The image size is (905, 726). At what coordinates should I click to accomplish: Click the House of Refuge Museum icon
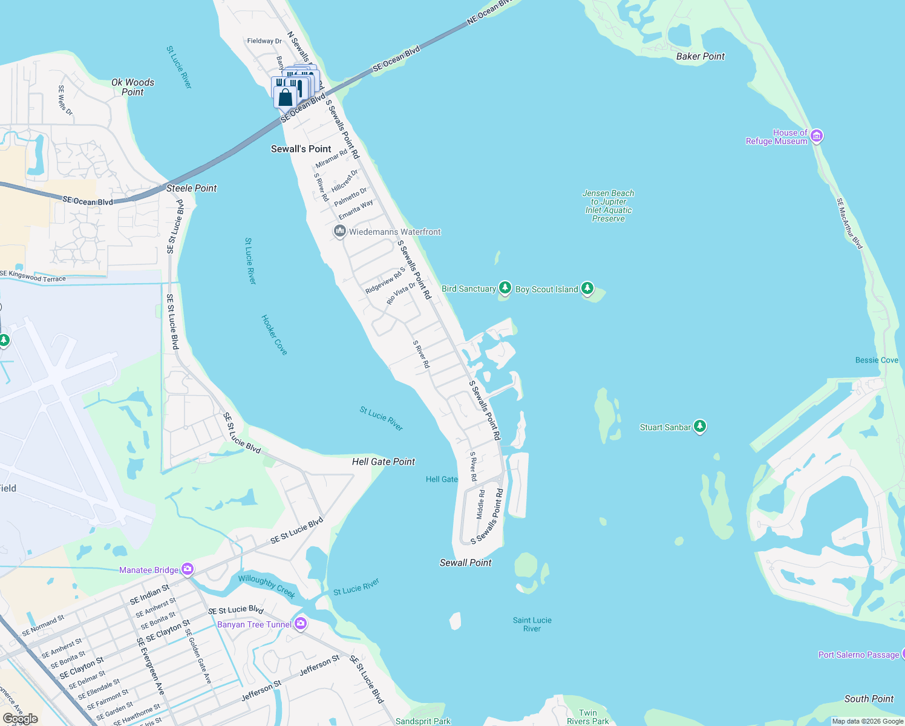pos(817,136)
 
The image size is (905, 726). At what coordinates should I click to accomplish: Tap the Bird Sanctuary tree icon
pos(505,288)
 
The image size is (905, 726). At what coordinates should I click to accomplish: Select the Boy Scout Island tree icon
pos(587,289)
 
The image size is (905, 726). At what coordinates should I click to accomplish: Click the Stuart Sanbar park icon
pos(699,427)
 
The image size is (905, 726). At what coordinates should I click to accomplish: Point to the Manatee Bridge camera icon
pos(188,569)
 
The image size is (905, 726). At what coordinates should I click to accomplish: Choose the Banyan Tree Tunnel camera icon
pos(301,624)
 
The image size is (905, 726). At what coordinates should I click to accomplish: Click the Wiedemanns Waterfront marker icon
pos(339,231)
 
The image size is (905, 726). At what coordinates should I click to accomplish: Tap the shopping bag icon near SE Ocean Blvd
pos(285,97)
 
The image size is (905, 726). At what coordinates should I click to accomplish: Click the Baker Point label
pos(700,56)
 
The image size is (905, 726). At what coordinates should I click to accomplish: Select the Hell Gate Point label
pos(384,462)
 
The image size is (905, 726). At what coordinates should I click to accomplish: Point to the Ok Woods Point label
pos(132,87)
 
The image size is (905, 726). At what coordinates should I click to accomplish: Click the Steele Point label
pos(191,188)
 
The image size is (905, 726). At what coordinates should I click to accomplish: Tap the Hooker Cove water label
pos(274,335)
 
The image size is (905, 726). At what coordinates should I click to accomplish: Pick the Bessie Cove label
pos(877,360)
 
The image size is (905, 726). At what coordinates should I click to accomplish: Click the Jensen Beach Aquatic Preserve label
pos(608,206)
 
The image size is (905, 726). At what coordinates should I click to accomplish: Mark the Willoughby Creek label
pos(266,586)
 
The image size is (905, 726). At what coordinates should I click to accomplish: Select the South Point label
pos(869,699)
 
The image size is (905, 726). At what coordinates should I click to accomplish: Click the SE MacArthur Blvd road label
pos(849,223)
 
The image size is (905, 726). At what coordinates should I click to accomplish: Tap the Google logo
pos(21,719)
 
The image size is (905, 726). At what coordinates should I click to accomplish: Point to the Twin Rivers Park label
pos(587,717)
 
